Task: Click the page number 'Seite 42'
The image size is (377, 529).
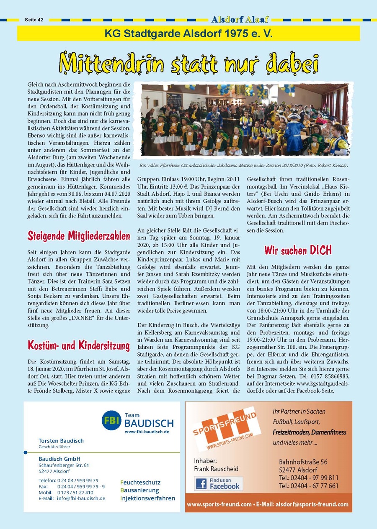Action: point(34,20)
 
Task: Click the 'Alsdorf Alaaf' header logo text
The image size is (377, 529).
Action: point(240,19)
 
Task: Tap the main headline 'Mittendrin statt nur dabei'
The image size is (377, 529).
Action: point(188,63)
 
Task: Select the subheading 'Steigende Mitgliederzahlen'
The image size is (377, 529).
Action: point(79,236)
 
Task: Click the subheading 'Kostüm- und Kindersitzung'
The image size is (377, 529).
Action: point(79,345)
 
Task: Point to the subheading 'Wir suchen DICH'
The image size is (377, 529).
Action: point(298,250)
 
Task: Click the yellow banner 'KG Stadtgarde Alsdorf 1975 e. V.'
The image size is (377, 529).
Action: point(188,33)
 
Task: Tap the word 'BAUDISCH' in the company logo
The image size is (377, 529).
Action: point(149,423)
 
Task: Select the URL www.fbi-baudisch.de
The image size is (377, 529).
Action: point(147,432)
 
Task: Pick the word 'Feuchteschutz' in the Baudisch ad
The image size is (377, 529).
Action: point(140,482)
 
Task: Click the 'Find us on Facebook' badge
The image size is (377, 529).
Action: point(218,483)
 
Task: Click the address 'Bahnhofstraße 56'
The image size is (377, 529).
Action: point(303,462)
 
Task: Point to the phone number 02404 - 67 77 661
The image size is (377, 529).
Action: point(309,486)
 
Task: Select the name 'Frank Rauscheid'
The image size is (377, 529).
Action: point(216,469)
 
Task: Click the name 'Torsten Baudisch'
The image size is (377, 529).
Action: point(61,440)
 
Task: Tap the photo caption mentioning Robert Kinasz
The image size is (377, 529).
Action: point(245,166)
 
